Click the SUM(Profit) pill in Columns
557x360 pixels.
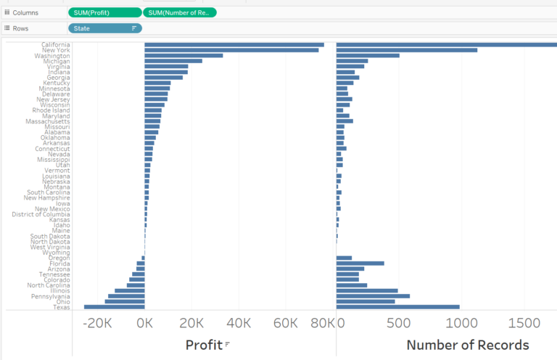pos(105,12)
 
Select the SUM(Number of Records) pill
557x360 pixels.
pos(180,12)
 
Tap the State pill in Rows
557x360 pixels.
pos(105,28)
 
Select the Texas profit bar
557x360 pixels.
pos(115,307)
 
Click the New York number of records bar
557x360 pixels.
pos(407,50)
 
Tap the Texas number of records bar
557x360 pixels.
pos(398,307)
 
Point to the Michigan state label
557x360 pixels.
pos(57,62)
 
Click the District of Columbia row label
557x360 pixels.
pos(41,214)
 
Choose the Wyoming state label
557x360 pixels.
pos(57,253)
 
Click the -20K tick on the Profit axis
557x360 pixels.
pos(97,323)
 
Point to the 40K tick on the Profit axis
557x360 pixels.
pos(239,323)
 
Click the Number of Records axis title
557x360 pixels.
pos(468,345)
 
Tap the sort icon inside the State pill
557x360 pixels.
pos(133,28)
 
